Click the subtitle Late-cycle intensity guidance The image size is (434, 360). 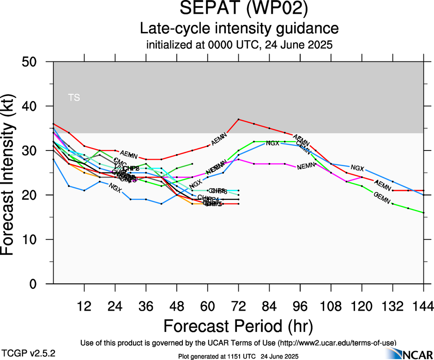pyautogui.click(x=239, y=29)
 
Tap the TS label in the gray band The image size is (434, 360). pyautogui.click(x=74, y=97)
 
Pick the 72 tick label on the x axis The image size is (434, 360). pyautogui.click(x=238, y=306)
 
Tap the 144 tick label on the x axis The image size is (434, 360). pyautogui.click(x=423, y=306)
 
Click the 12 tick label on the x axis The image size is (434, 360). pyautogui.click(x=84, y=306)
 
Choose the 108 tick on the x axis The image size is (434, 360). pyautogui.click(x=331, y=306)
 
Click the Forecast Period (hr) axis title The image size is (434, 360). pyautogui.click(x=238, y=326)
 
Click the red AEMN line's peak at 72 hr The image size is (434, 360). pyautogui.click(x=238, y=120)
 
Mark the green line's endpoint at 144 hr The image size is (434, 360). pyautogui.click(x=423, y=213)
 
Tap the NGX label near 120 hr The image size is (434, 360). pyautogui.click(x=357, y=168)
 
